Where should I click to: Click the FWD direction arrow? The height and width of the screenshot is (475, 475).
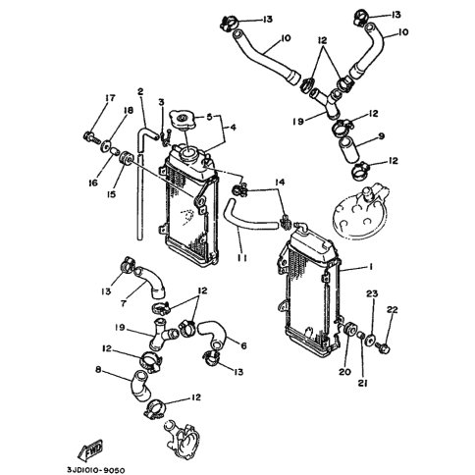click(90, 450)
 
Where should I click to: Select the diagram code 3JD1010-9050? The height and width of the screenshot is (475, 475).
click(96, 470)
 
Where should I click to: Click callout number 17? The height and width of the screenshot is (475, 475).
click(110, 97)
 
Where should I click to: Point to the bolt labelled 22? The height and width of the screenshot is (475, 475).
click(383, 347)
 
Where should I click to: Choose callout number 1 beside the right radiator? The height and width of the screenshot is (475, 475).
click(371, 267)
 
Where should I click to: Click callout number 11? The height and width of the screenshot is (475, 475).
click(242, 258)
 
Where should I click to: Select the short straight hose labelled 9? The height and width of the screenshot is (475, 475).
click(349, 150)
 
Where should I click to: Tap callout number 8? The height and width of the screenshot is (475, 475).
click(98, 370)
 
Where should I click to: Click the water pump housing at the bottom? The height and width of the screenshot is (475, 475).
click(181, 438)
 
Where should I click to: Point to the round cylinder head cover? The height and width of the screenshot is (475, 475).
click(360, 212)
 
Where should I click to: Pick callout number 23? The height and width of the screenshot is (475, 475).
click(372, 293)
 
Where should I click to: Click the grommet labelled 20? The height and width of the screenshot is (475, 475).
click(349, 329)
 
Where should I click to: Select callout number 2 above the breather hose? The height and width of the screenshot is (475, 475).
click(140, 91)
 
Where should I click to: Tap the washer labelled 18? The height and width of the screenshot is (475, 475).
click(106, 146)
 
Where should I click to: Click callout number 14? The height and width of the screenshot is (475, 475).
click(280, 182)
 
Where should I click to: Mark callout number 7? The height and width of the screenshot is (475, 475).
click(123, 303)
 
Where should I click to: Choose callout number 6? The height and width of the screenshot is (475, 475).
click(243, 345)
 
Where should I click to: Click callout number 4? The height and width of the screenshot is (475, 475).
click(233, 127)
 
